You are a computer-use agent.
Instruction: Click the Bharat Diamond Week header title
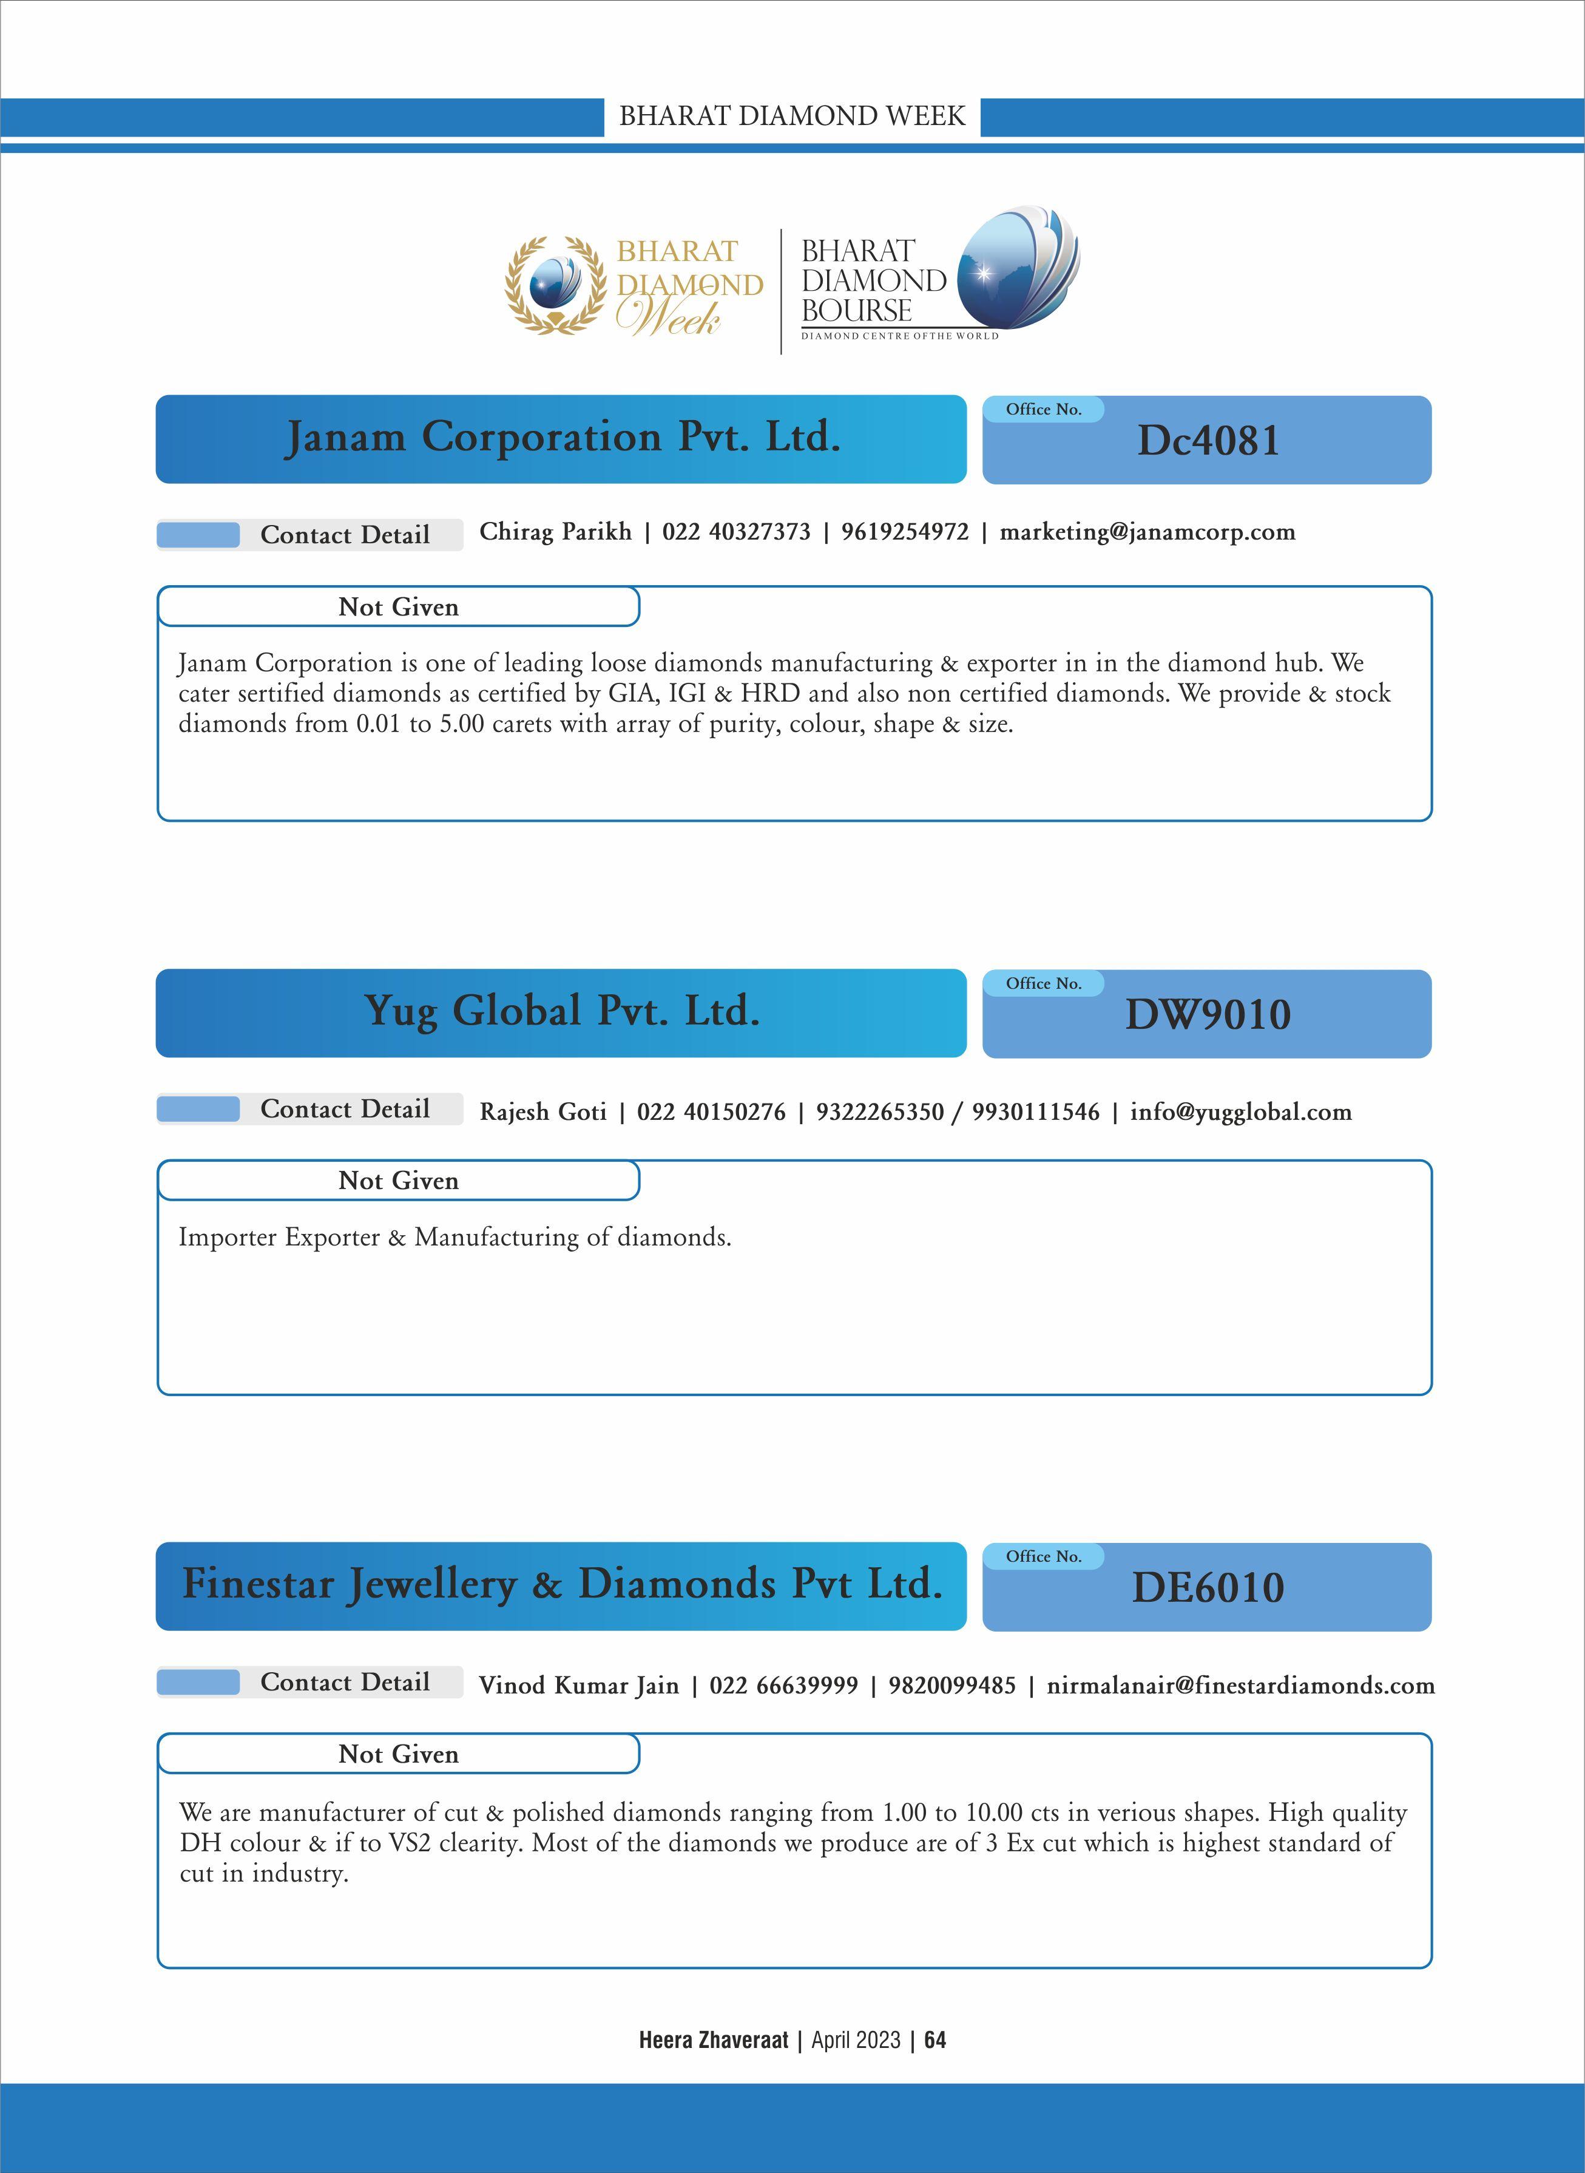pos(791,116)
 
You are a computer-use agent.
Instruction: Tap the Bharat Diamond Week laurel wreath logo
pos(556,285)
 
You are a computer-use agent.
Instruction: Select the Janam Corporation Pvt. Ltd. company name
pos(563,438)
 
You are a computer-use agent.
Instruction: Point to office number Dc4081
pos(1208,441)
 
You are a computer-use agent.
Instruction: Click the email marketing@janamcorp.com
pos(1147,532)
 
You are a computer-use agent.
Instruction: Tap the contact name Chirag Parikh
pos(555,532)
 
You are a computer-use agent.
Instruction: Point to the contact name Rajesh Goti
pos(543,1111)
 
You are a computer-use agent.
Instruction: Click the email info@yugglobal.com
pos(1240,1111)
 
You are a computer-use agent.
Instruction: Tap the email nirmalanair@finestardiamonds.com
pos(1240,1686)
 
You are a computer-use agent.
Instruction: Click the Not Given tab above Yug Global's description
pos(398,1181)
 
